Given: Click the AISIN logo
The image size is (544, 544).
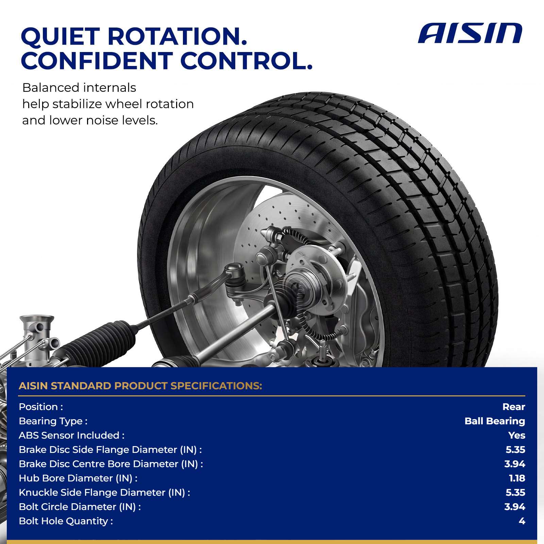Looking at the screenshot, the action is click(470, 33).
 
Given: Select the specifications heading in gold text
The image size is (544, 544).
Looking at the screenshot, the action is click(140, 386).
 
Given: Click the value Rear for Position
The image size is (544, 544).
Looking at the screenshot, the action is click(514, 407).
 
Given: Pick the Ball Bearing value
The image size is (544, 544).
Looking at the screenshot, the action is click(495, 421).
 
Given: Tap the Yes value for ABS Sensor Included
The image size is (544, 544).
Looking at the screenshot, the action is click(517, 435).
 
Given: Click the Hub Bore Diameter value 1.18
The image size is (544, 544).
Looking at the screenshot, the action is click(517, 478).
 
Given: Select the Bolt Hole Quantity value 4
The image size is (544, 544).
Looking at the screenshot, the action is click(522, 521).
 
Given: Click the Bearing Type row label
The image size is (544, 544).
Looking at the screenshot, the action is click(53, 421).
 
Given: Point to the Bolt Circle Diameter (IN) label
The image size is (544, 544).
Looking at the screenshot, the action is click(80, 507).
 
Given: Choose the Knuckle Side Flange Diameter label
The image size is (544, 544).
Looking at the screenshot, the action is click(104, 492).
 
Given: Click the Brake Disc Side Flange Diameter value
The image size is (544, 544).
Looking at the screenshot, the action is click(515, 449).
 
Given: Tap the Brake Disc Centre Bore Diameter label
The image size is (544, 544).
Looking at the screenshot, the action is click(111, 464).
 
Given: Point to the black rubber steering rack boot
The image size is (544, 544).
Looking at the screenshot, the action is click(102, 340).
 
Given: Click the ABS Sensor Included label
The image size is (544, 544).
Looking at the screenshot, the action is click(72, 435).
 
